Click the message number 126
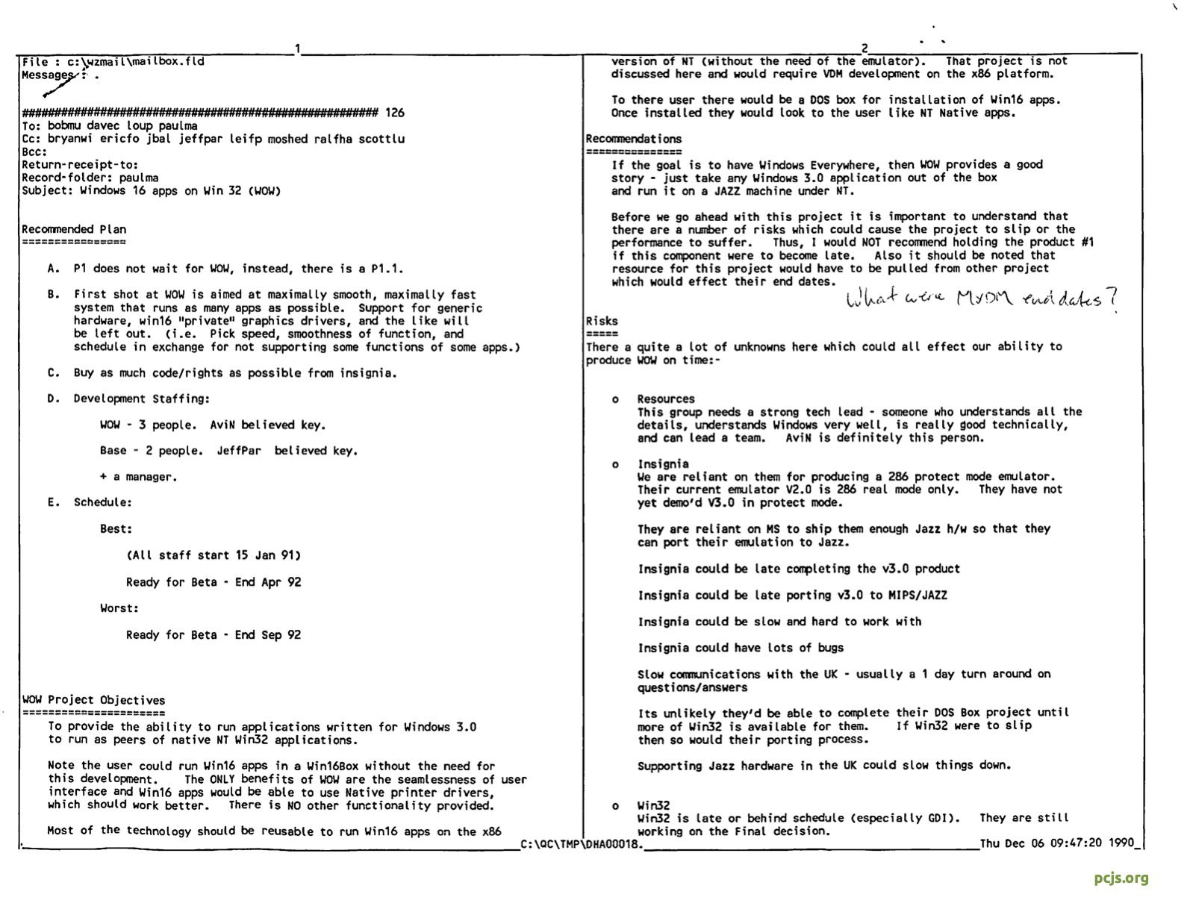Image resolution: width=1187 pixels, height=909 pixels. [x=395, y=113]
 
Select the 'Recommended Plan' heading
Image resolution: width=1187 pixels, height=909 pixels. [x=74, y=229]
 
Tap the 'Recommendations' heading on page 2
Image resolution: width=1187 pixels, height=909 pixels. [x=634, y=139]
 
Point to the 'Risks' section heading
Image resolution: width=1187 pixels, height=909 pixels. [x=602, y=321]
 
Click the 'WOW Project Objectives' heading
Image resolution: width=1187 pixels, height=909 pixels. [x=93, y=700]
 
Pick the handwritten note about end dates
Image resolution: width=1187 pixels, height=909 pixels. [x=982, y=299]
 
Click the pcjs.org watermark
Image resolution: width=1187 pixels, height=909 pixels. [x=1121, y=878]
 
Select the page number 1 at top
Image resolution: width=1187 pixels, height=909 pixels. [x=297, y=49]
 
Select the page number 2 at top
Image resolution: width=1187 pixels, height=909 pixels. [x=864, y=49]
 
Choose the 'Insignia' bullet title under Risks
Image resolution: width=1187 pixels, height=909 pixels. [x=663, y=463]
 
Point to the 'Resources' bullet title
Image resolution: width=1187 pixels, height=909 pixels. [x=666, y=399]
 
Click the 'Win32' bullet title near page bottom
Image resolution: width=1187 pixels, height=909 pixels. [x=653, y=805]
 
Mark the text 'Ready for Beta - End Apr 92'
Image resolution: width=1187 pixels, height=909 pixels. [x=214, y=582]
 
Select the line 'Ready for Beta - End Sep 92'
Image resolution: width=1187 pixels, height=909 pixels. [x=214, y=635]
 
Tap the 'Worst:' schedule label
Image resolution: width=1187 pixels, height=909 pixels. [x=119, y=608]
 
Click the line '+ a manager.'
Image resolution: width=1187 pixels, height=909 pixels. [x=139, y=477]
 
